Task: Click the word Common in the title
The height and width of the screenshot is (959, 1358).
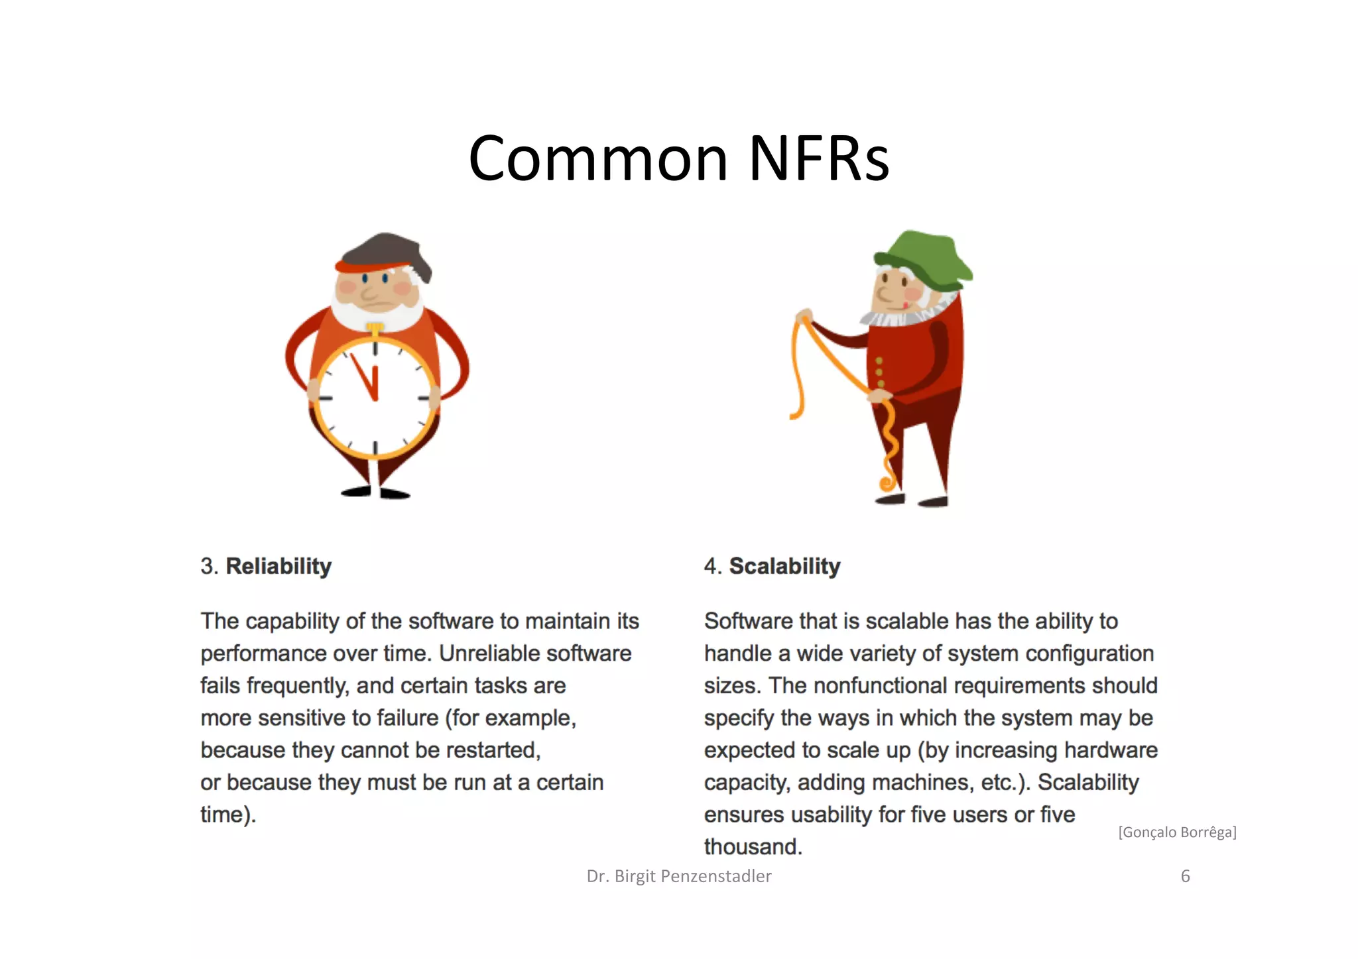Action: [597, 159]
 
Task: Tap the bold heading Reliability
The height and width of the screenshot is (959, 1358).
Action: [278, 566]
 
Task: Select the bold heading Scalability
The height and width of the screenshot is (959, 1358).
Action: [784, 566]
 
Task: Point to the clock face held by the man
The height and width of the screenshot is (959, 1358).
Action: [375, 398]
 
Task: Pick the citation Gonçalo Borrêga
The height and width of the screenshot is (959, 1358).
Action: [1177, 832]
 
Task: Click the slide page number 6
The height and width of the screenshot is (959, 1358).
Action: [1186, 876]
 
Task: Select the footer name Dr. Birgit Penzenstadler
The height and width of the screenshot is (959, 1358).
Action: [679, 876]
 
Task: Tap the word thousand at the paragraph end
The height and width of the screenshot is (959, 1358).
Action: [753, 846]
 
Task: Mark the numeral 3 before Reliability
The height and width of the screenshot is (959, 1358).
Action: [208, 566]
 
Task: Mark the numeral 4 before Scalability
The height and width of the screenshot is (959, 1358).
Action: [711, 566]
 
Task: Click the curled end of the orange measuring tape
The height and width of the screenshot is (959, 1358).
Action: [887, 482]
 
